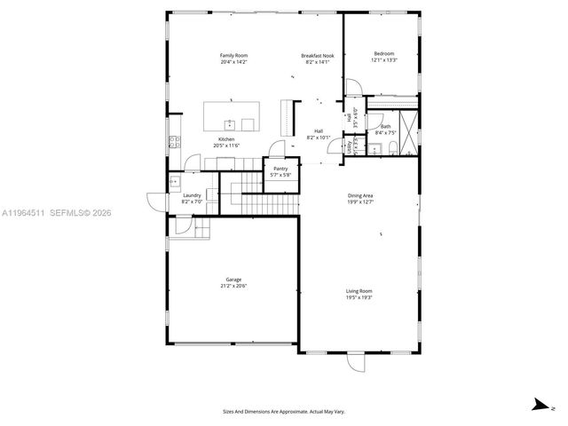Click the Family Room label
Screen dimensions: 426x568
[x=233, y=55]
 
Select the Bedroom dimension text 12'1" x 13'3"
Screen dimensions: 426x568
[x=385, y=60]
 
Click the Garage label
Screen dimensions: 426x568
[x=233, y=280]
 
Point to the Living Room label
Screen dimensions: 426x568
[x=359, y=291]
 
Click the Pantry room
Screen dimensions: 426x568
[x=280, y=169]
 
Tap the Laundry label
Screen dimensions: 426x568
[x=192, y=196]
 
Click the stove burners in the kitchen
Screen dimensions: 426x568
[x=175, y=141]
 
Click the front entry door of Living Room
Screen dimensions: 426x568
[x=357, y=361]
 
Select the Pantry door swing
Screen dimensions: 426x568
[x=280, y=149]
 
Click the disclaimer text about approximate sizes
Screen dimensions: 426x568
[x=284, y=412]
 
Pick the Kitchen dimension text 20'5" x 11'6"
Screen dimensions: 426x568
[x=226, y=146]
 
